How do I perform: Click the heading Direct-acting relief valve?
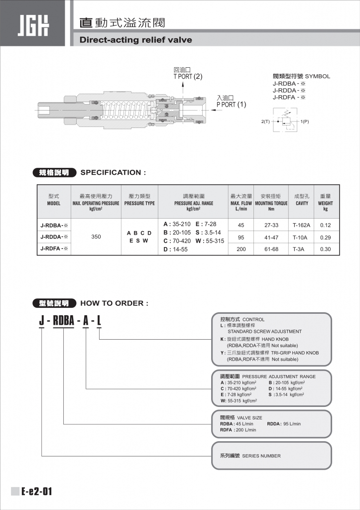click(x=135, y=40)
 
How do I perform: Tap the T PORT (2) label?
click(x=188, y=77)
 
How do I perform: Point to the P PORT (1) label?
click(x=231, y=105)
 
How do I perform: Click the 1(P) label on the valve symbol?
click(x=304, y=122)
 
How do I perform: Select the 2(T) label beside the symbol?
click(x=265, y=122)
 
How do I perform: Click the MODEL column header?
click(x=54, y=203)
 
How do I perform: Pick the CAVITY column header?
click(x=302, y=203)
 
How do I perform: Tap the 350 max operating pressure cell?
click(x=96, y=237)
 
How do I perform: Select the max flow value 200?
click(x=241, y=249)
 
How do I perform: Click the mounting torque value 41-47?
click(x=271, y=237)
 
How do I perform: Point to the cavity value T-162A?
click(x=301, y=225)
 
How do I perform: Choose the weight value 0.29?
click(x=326, y=237)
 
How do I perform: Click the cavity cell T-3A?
click(x=301, y=249)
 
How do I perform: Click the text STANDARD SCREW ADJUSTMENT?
click(x=264, y=331)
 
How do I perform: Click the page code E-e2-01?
click(x=36, y=492)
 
